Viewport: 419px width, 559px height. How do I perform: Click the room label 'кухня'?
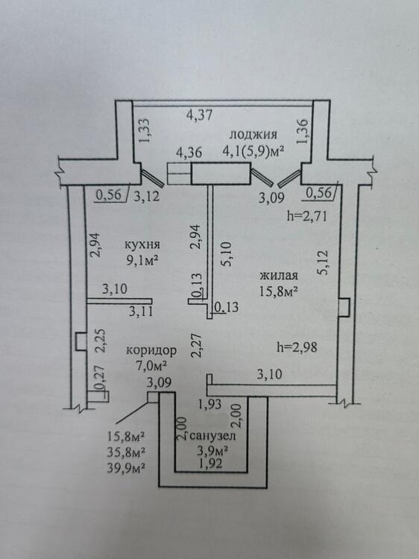click(x=142, y=245)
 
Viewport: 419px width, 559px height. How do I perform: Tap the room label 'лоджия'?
click(x=253, y=135)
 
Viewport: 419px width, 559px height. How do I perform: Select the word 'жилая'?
click(x=278, y=276)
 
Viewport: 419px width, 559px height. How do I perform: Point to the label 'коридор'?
click(x=151, y=350)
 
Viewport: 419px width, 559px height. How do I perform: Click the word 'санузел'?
click(x=212, y=436)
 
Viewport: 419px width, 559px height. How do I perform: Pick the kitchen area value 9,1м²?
click(x=142, y=260)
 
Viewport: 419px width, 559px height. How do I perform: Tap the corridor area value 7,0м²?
click(x=151, y=366)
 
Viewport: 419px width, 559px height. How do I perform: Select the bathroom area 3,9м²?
click(x=212, y=451)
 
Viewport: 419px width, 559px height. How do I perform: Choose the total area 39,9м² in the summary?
click(x=126, y=467)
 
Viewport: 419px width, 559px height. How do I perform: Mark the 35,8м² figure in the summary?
click(x=126, y=452)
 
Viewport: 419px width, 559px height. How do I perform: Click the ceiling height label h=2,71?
click(x=307, y=216)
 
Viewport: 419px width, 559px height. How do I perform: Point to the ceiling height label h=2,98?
click(x=297, y=347)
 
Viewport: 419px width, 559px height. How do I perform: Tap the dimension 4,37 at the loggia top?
click(x=199, y=115)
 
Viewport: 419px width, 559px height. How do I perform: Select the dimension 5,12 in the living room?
click(x=323, y=263)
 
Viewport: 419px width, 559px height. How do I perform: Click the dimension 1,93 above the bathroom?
click(x=210, y=404)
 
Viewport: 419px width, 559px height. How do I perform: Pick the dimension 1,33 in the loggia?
click(x=145, y=130)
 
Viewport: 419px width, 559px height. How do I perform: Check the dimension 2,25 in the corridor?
click(x=101, y=341)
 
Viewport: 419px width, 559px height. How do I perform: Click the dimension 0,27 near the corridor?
click(x=101, y=378)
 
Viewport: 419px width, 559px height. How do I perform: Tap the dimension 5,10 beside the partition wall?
click(x=226, y=254)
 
